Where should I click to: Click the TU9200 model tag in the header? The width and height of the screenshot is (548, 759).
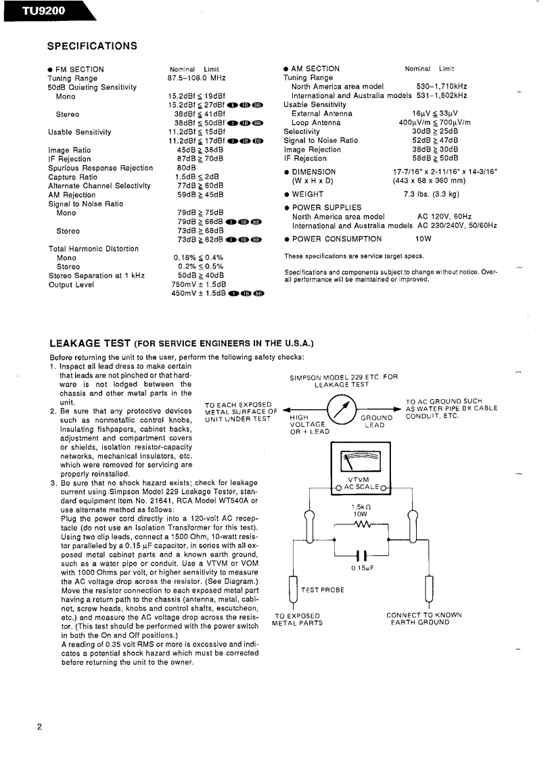coord(34,10)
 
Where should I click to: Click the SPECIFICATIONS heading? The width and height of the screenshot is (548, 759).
coord(92,46)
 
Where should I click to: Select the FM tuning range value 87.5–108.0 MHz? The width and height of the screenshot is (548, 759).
coord(196,78)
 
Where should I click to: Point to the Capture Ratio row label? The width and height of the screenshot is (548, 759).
coord(73,177)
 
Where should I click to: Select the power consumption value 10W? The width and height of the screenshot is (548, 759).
coord(424,239)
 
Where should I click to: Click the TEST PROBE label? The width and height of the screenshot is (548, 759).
coord(323,590)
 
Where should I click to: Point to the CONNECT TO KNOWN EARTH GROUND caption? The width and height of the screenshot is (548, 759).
coord(424,618)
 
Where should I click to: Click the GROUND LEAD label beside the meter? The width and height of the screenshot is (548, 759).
coord(376,421)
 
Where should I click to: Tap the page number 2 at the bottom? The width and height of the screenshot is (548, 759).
coord(40,727)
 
